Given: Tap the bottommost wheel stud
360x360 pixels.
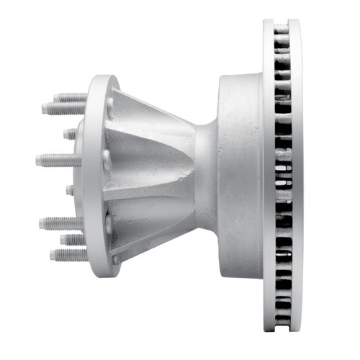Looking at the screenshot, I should tap(68, 254).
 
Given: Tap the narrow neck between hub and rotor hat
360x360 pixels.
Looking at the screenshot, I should tap(205, 173).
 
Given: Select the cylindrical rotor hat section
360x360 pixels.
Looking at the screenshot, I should tap(241, 173).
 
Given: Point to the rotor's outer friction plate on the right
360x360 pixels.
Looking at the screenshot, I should tap(295, 173).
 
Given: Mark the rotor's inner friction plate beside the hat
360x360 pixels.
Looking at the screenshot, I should tap(268, 173).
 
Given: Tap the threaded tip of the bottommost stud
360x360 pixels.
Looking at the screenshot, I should tap(53, 254).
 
